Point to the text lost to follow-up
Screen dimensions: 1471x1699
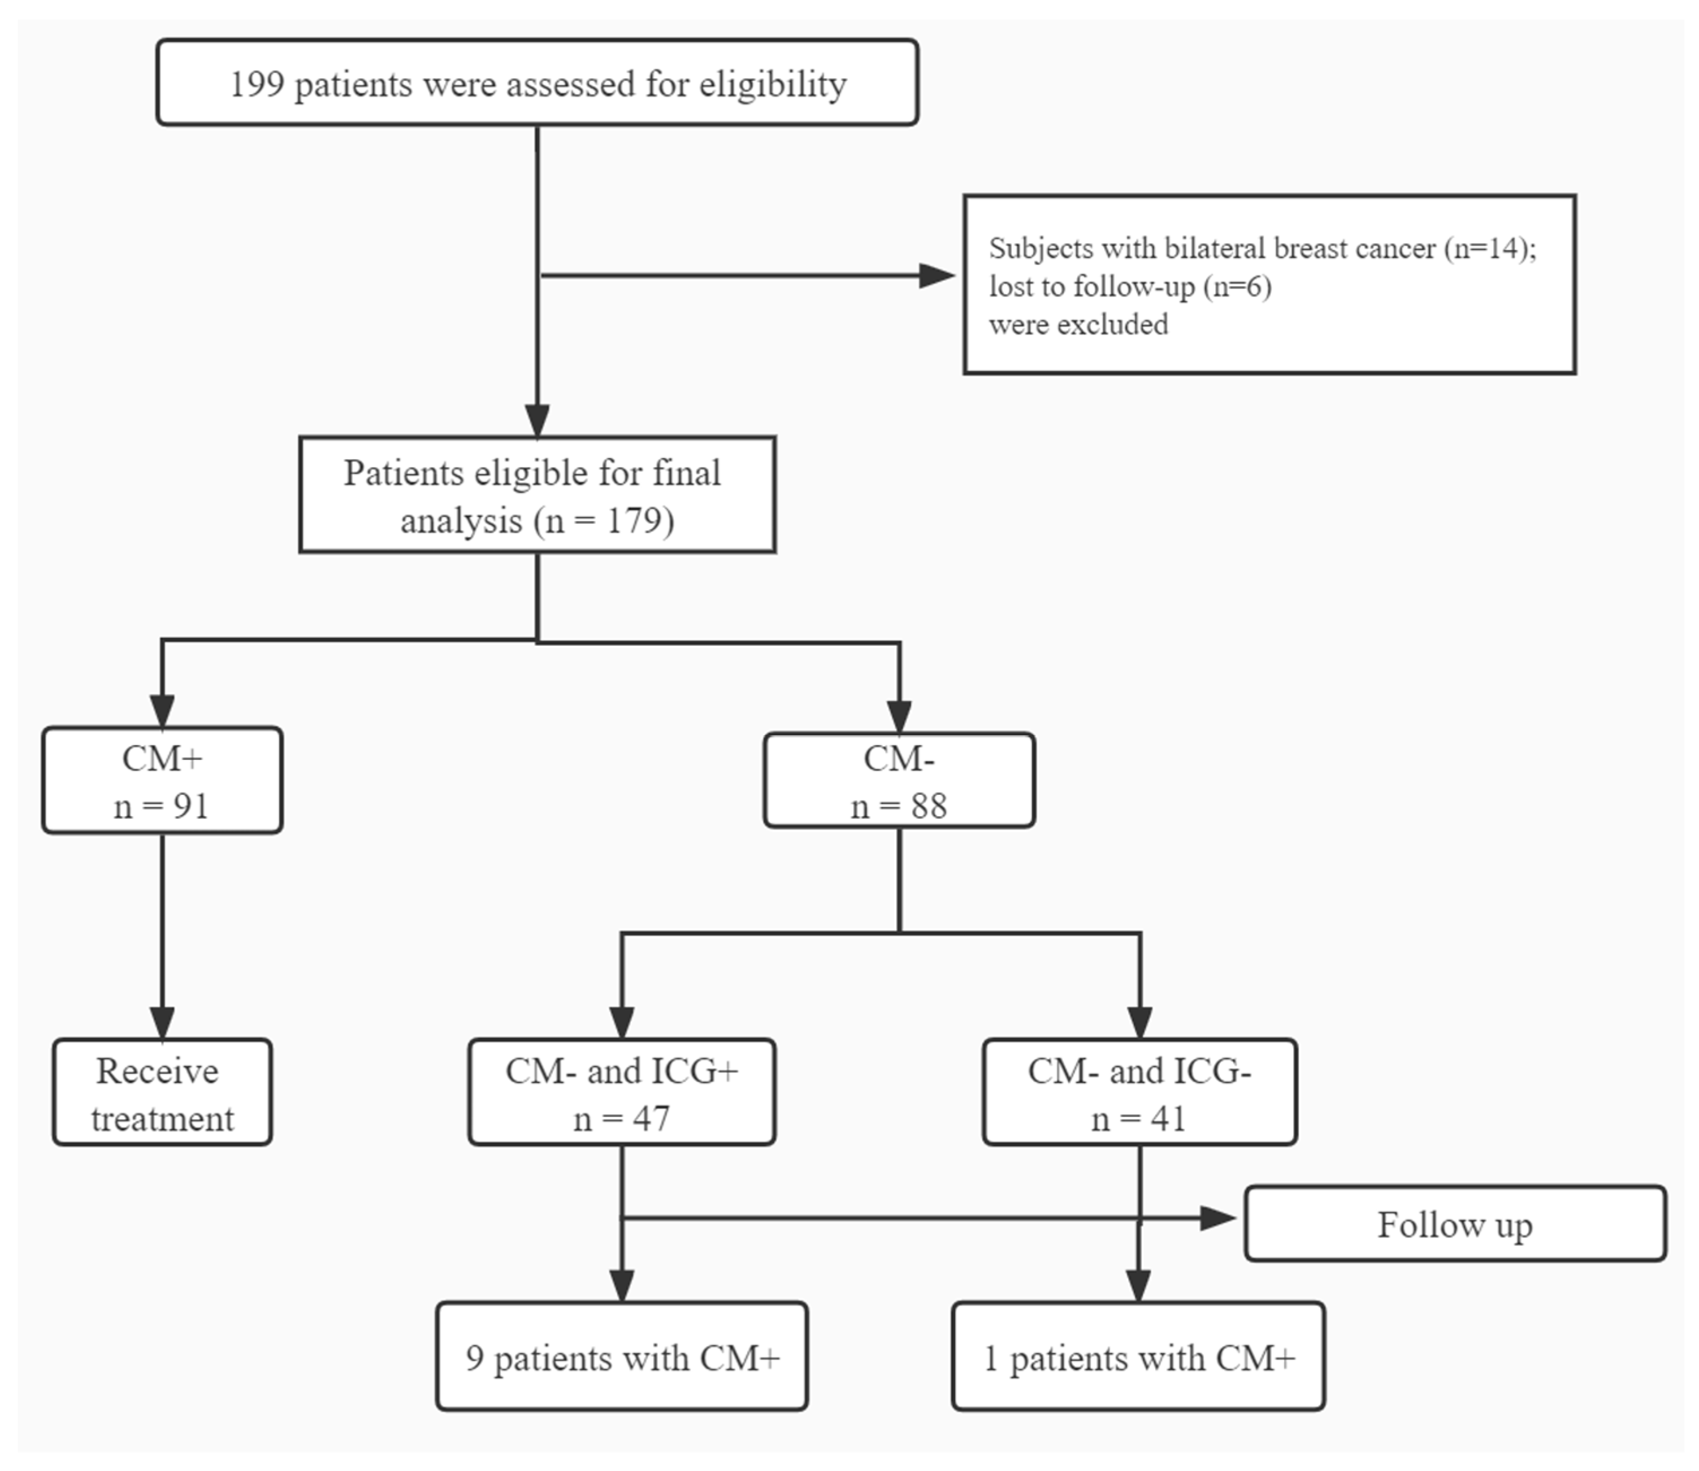(x=1092, y=286)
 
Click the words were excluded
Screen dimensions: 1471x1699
(x=1078, y=325)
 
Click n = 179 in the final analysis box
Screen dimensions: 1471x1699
(x=604, y=520)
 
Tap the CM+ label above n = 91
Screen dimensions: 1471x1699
(x=162, y=759)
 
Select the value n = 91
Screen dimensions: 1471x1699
(x=162, y=806)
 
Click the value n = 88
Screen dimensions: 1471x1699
(x=899, y=806)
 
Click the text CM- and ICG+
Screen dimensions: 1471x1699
(x=622, y=1071)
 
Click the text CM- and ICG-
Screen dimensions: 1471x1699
(x=1139, y=1071)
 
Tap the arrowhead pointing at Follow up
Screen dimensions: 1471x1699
(x=1218, y=1218)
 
